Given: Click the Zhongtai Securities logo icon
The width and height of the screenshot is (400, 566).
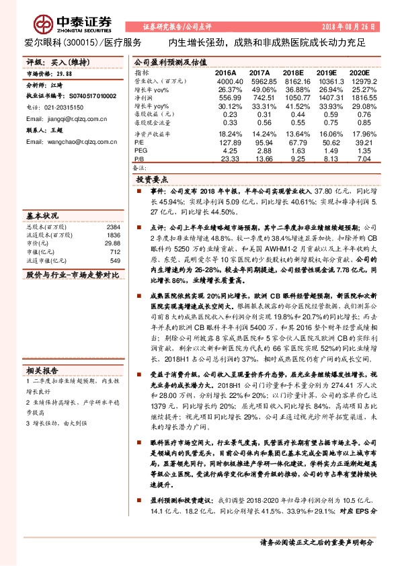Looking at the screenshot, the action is click(44, 26).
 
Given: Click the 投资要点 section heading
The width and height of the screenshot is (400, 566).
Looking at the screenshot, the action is click(153, 180).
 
